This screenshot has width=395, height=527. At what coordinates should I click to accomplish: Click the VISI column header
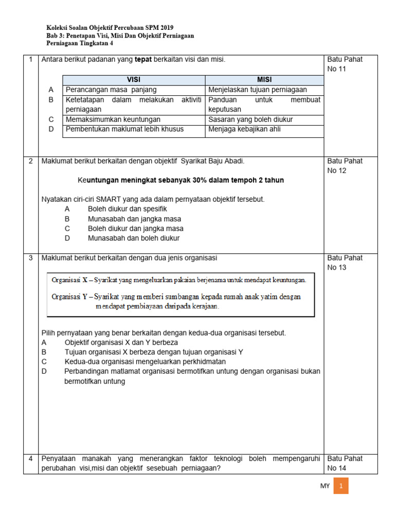(x=134, y=80)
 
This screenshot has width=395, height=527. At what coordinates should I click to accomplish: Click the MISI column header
(x=264, y=80)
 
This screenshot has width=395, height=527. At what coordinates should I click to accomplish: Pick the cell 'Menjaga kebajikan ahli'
(x=245, y=129)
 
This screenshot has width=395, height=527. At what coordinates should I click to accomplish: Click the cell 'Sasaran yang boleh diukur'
(x=250, y=119)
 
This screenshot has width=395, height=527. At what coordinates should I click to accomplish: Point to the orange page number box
(x=340, y=485)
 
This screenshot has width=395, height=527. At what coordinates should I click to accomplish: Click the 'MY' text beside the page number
(x=325, y=486)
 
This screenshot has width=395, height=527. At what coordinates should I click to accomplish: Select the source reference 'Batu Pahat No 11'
(x=345, y=64)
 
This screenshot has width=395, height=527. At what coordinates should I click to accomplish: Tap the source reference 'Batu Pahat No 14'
(x=345, y=463)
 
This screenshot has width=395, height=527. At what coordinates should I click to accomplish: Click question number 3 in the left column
(x=31, y=258)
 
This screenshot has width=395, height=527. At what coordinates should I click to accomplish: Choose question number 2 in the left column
(x=31, y=161)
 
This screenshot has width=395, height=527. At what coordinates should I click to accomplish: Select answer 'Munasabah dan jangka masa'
(x=134, y=219)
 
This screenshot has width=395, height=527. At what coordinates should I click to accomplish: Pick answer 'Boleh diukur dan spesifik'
(x=127, y=209)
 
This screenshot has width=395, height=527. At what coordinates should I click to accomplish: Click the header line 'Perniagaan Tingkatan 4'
(x=80, y=44)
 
